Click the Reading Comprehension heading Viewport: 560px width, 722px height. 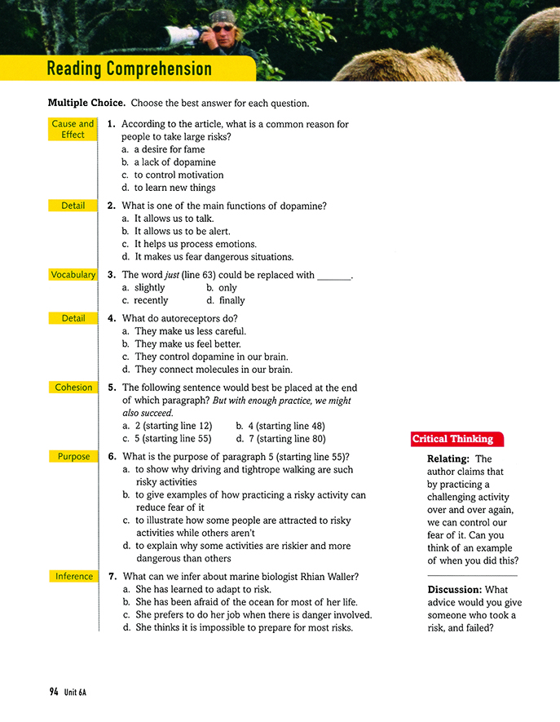(x=130, y=69)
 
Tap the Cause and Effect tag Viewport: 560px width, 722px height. (x=73, y=130)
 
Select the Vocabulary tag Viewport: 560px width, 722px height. (x=73, y=275)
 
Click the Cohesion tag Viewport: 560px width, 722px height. (x=73, y=388)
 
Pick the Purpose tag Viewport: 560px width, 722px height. (x=73, y=457)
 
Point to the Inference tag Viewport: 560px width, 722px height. (x=73, y=577)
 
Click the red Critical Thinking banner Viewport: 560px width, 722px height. (x=452, y=440)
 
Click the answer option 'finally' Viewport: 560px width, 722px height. (x=231, y=300)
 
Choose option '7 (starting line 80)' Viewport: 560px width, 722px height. (x=286, y=438)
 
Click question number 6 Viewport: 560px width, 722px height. (x=112, y=457)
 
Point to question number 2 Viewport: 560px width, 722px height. (x=112, y=206)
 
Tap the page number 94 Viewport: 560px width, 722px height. (x=53, y=692)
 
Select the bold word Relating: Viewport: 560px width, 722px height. (x=448, y=459)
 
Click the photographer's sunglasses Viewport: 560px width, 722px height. (x=221, y=28)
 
